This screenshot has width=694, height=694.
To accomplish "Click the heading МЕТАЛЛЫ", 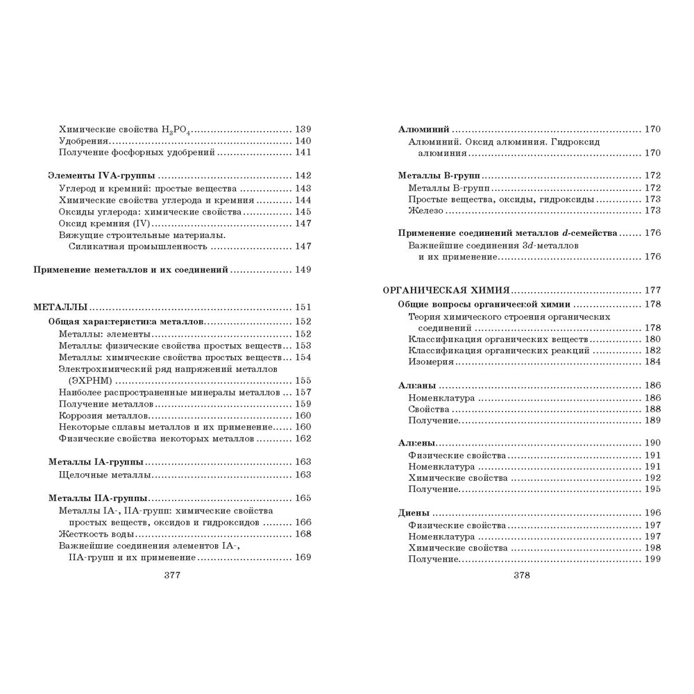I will (60, 307).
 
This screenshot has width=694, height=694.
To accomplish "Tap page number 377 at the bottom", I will (170, 575).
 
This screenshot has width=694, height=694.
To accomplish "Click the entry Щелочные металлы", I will (105, 475).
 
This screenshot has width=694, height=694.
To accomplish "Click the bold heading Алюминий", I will (424, 129).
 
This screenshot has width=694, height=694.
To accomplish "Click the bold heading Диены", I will (414, 513).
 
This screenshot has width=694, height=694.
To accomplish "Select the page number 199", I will (652, 559).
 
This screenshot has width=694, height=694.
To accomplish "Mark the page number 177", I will (652, 290).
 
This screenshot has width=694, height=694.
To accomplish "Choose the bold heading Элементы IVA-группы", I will (101, 176).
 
